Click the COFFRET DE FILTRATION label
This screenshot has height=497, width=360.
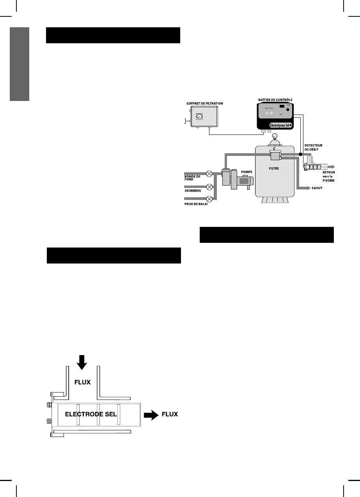pos(204,103)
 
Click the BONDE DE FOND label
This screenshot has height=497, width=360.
pos(192,178)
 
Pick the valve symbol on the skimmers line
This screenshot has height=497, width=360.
pos(210,186)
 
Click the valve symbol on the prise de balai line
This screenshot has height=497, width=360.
pos(210,199)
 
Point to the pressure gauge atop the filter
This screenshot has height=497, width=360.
pos(275,135)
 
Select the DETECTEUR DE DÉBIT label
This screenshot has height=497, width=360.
pos(314,148)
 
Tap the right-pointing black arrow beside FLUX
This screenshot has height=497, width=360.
pos(151,414)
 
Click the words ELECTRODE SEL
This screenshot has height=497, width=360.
pos(91,414)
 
